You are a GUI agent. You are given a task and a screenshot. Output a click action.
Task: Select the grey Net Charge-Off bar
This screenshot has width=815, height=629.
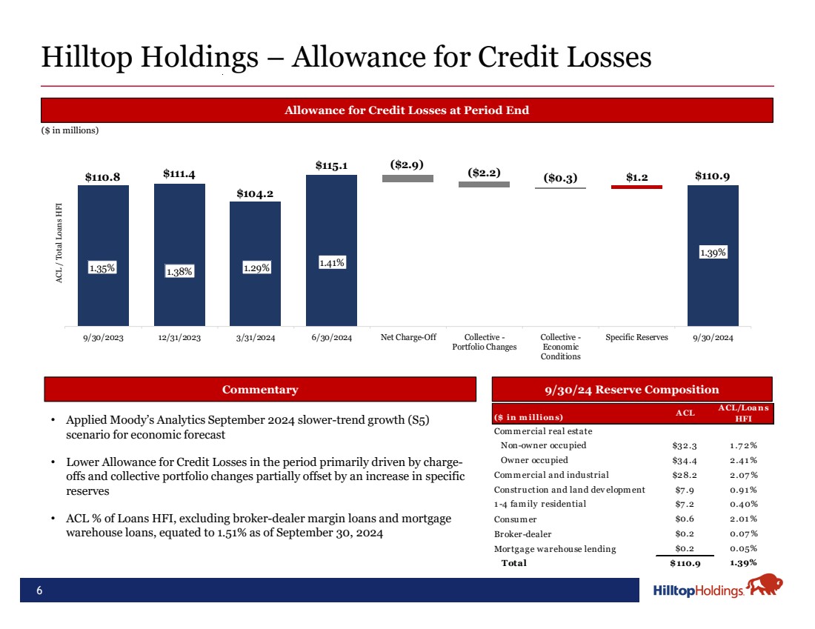coord(408,179)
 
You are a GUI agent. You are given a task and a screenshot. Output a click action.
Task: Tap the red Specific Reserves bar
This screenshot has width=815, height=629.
coord(636,187)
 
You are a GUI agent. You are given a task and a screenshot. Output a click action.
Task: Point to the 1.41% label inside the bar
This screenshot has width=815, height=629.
coord(331,262)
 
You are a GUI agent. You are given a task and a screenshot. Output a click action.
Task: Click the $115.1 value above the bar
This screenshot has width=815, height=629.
coord(331,165)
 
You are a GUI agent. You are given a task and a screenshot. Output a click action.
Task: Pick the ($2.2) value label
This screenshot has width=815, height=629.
coord(484,173)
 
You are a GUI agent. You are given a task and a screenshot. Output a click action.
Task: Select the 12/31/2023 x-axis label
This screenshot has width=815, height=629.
coord(179,338)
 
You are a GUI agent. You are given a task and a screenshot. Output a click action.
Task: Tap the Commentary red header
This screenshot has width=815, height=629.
coord(260,390)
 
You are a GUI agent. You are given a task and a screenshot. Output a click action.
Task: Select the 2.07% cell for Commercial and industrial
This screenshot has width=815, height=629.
coord(742,475)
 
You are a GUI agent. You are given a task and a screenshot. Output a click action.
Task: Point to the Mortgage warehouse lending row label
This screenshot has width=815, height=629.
coord(554,549)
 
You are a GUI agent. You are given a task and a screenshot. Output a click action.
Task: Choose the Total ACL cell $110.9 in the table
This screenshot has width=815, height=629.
coord(685,563)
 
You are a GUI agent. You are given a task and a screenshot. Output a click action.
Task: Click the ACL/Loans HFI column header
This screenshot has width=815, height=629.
coord(743,413)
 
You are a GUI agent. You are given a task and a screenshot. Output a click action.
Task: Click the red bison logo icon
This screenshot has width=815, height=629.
coord(764,586)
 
